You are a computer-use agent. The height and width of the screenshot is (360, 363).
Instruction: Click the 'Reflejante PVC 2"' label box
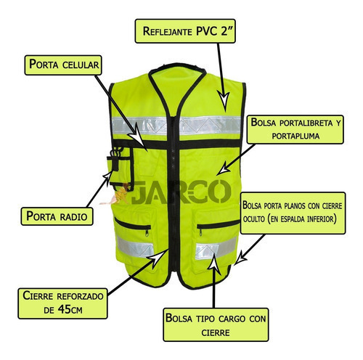(185, 31)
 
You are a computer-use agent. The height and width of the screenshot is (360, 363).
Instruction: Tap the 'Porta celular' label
(63, 65)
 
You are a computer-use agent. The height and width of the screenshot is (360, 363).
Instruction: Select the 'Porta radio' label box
(57, 216)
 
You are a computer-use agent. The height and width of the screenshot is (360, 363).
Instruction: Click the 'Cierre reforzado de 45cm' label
(62, 303)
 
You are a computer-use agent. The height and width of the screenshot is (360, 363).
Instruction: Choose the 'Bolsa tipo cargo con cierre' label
(216, 324)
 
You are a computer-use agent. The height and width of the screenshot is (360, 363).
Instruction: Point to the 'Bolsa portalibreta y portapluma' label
(295, 129)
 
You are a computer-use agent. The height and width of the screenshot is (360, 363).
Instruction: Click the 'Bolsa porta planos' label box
(293, 213)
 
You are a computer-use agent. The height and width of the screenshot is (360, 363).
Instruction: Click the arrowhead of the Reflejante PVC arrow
(224, 100)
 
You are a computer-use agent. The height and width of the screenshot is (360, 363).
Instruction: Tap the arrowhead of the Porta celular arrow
(138, 136)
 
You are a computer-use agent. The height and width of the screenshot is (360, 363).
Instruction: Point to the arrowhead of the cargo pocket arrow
(214, 263)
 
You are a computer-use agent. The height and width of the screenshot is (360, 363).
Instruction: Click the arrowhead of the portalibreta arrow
(224, 168)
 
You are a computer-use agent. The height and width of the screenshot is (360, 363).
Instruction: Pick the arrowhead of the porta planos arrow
(240, 258)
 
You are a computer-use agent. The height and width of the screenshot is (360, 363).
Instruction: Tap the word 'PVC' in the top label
(208, 31)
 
